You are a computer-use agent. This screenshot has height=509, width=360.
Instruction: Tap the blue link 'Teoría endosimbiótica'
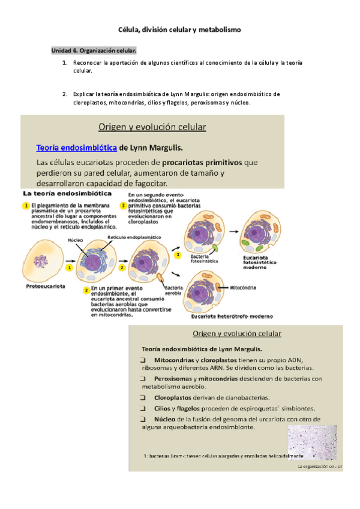76,148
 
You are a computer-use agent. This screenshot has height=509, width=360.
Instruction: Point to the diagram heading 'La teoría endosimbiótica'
66,194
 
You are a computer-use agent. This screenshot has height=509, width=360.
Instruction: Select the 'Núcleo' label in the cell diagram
76,239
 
